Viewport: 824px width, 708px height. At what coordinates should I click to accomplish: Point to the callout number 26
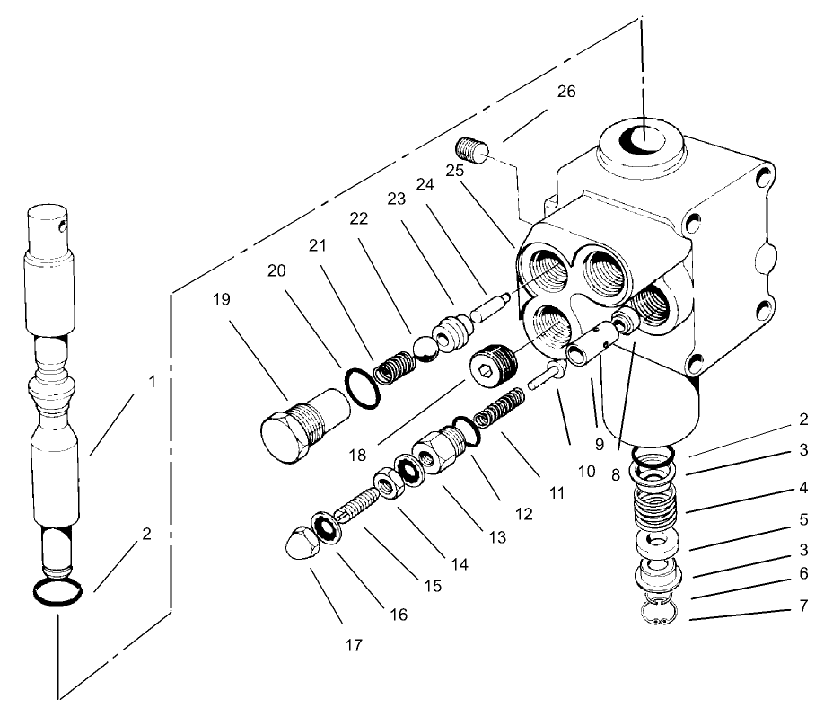point(565,93)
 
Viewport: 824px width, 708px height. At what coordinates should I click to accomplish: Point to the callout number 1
point(152,381)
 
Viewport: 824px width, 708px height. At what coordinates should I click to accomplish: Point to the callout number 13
point(495,537)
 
